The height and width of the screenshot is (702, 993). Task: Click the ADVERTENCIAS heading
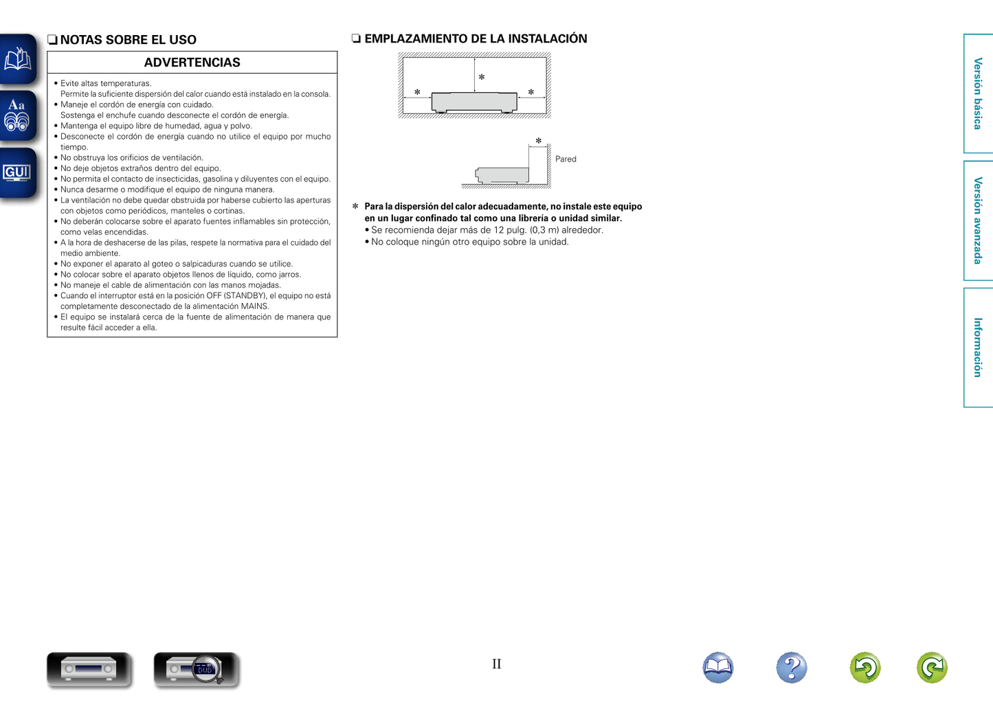pos(192,63)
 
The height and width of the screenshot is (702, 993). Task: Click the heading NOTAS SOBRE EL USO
pos(128,40)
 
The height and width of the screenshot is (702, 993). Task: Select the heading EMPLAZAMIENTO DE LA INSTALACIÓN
pos(476,38)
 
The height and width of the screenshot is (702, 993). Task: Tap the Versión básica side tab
pos(978,93)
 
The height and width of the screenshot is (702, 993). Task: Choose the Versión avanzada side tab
pos(978,220)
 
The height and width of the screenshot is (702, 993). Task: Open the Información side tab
pos(978,348)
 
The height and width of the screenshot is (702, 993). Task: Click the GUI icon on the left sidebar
pos(17,173)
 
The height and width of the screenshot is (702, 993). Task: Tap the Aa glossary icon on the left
pos(17,115)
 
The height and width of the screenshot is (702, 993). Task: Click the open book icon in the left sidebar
pos(17,60)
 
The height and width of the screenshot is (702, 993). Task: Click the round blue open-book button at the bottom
pos(718,667)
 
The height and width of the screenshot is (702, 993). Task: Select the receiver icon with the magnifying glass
pos(197,668)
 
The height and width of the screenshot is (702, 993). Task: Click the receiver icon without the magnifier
pos(89,668)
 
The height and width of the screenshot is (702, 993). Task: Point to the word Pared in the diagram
pos(566,159)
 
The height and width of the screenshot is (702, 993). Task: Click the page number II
pos(496,664)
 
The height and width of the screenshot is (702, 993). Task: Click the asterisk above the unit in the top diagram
pos(482,78)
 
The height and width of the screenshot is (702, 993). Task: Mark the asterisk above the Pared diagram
pos(539,141)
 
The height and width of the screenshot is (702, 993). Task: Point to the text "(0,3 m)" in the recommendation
pos(544,230)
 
